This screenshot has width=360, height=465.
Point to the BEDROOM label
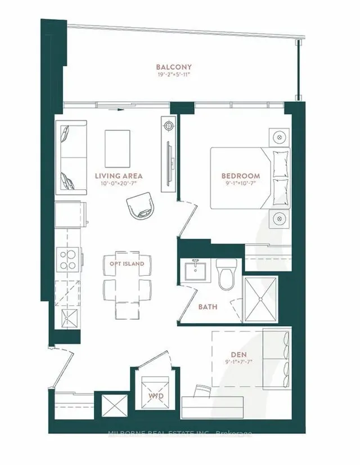point(240,176)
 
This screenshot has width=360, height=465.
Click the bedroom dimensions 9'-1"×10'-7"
point(240,184)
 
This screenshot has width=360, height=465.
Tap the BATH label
point(208,307)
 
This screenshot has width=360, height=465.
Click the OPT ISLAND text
point(127,263)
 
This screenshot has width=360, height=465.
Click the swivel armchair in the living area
point(139,206)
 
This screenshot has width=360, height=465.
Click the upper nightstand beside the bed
point(278,137)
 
